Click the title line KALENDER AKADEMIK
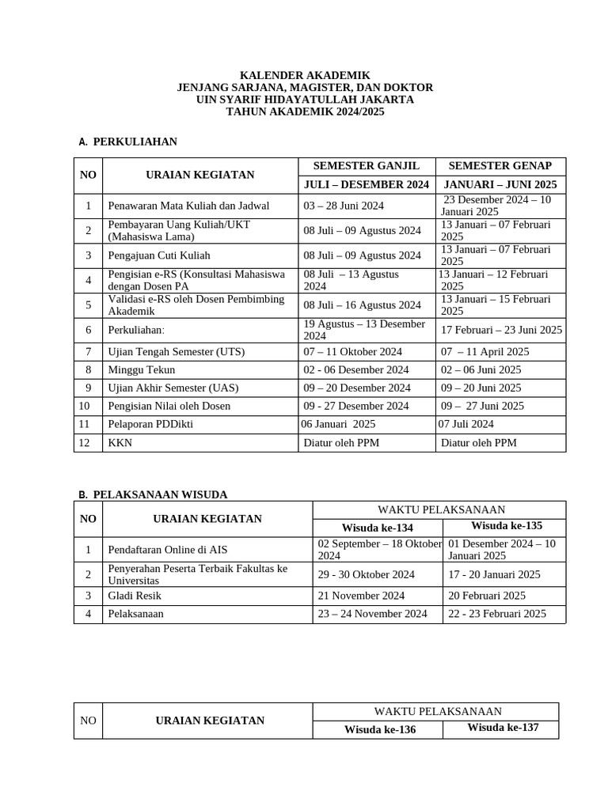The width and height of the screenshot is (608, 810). [x=305, y=75]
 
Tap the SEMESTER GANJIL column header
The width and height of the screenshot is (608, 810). [x=367, y=166]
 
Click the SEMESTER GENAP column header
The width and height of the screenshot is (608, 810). [x=500, y=166]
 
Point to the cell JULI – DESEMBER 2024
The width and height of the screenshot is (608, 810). [x=367, y=184]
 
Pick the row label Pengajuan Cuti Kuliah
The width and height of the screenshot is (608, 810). [x=159, y=255]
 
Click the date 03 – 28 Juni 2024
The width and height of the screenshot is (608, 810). [x=344, y=206]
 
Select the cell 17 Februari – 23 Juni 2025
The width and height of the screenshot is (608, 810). [x=502, y=330]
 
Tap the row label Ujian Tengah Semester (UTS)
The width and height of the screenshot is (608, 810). [x=177, y=351]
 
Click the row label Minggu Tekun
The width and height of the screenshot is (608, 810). [x=142, y=369]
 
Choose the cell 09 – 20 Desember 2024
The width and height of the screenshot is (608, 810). [x=357, y=388]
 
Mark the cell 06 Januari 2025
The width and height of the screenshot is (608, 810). [x=339, y=424]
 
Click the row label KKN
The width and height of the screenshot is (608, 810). [x=120, y=443]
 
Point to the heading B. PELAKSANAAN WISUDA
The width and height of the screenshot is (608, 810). [x=153, y=494]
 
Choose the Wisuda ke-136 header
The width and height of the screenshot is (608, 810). [x=380, y=730]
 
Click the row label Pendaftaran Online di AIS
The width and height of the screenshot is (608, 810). [x=167, y=550]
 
